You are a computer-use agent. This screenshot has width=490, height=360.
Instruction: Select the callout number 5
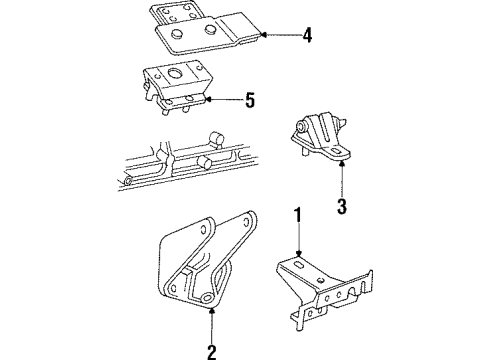(x=250, y=100)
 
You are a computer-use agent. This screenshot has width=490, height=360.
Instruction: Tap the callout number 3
(x=342, y=207)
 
